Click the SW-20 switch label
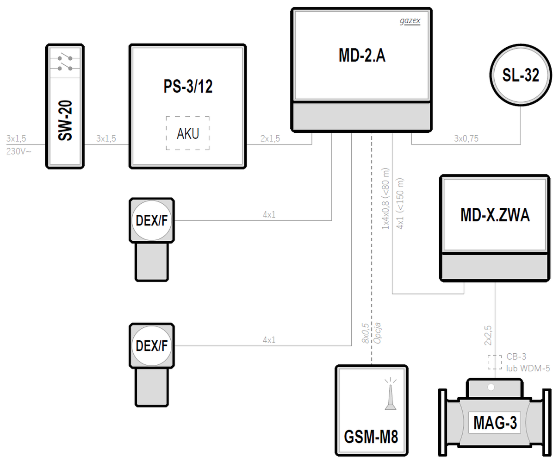[65, 121]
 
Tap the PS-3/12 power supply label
[188, 87]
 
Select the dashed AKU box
[188, 133]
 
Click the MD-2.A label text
[362, 56]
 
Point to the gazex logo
[410, 21]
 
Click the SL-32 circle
[521, 75]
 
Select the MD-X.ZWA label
[495, 215]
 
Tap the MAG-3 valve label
[495, 422]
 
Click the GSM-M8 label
[371, 436]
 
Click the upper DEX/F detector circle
[152, 220]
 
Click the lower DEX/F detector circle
[152, 345]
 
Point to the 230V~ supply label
[19, 150]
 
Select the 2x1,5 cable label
[270, 138]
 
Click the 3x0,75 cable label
[466, 138]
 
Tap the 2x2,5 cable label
[488, 336]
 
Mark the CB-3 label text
[516, 357]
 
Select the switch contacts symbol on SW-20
[65, 63]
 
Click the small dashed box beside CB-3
[495, 362]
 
